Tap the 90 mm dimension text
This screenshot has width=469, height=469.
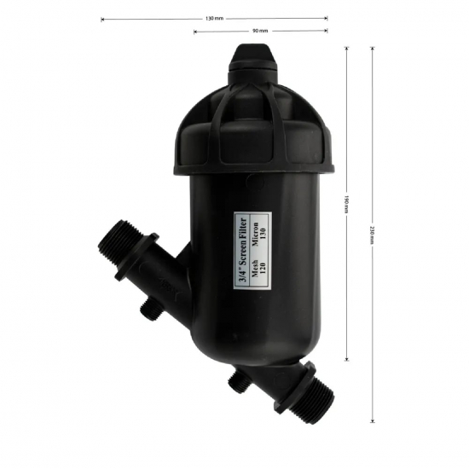tap(260, 31)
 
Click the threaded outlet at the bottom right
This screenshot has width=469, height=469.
tap(308, 399)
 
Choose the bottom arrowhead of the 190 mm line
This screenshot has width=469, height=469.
tap(347, 359)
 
